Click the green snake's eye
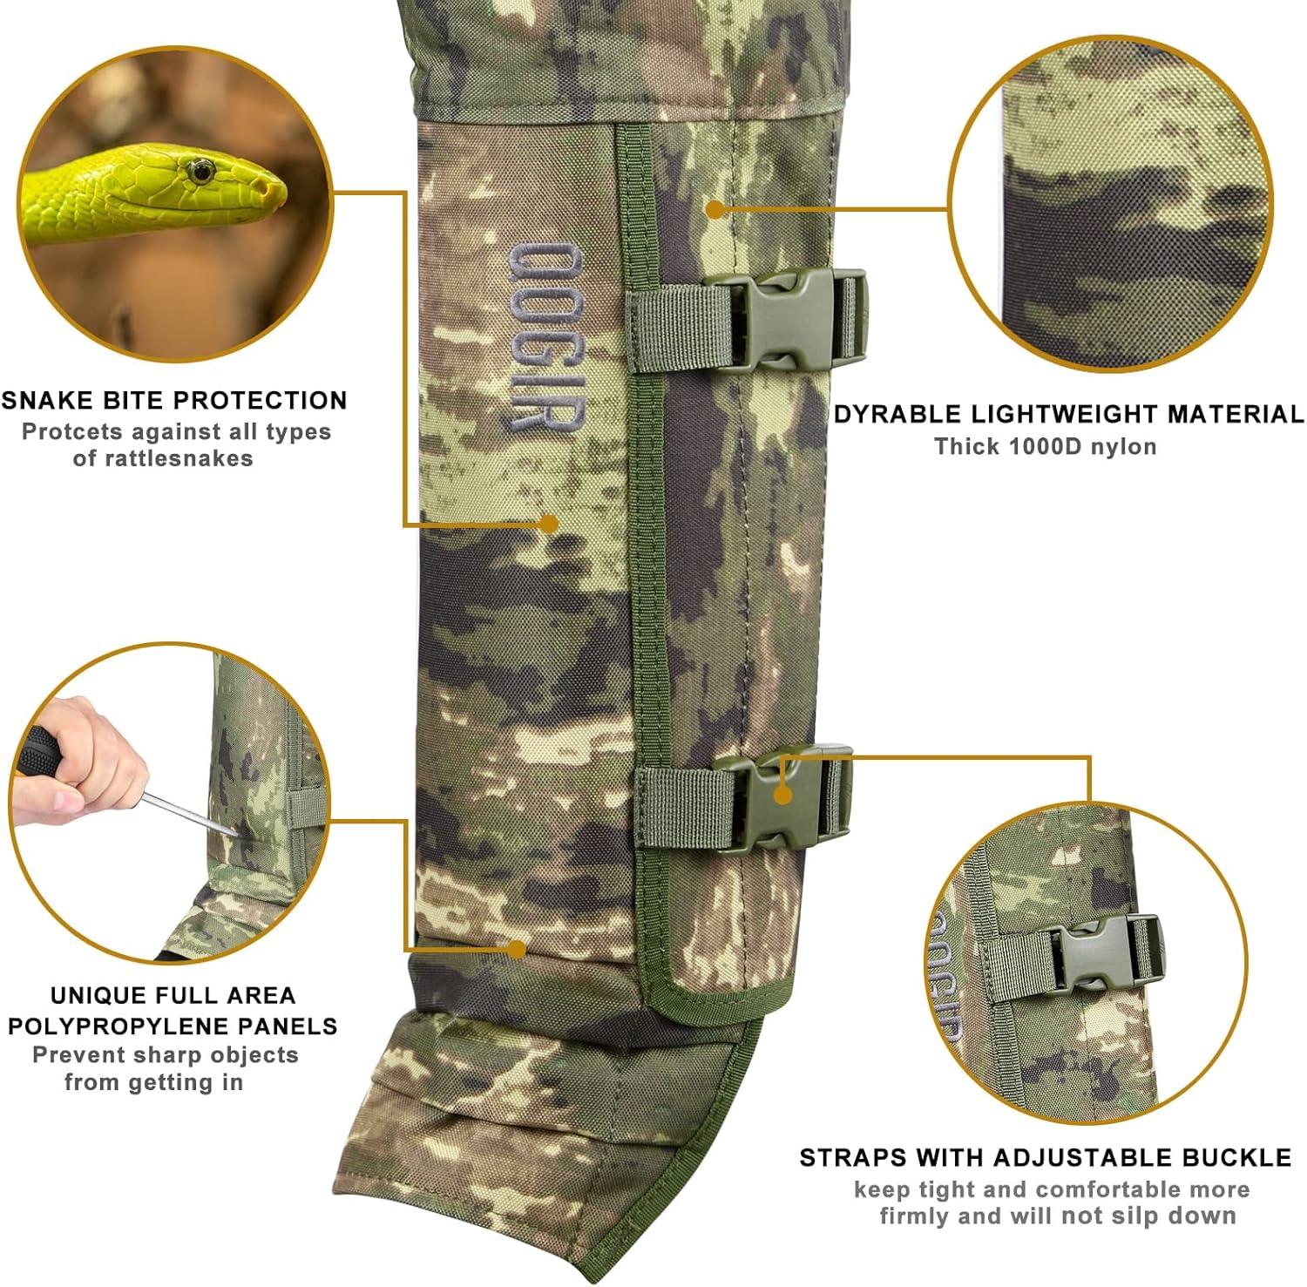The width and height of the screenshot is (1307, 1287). [201, 171]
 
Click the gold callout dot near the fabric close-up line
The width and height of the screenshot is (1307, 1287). [714, 209]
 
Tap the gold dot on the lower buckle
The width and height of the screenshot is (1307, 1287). [782, 795]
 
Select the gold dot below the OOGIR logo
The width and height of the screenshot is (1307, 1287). [548, 524]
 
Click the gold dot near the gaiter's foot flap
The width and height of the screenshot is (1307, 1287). [517, 949]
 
